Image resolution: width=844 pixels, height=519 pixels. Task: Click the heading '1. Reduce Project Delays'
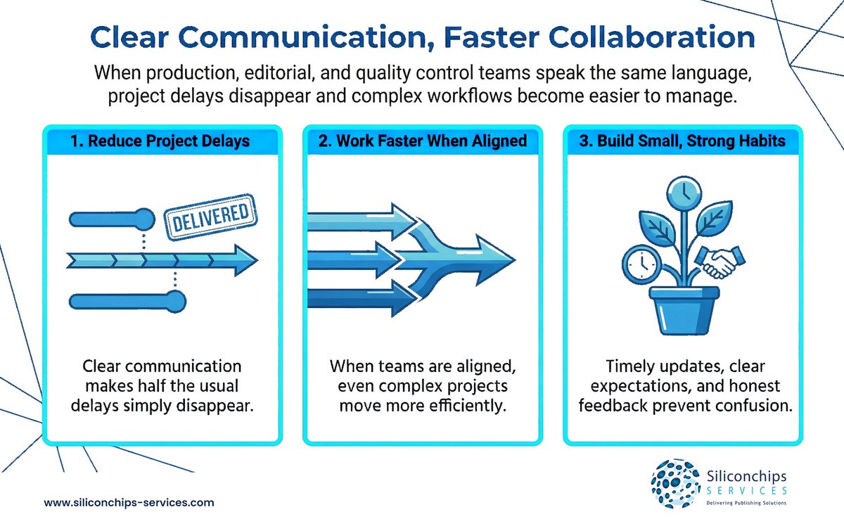click(x=162, y=141)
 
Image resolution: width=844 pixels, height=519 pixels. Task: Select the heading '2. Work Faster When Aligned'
click(x=422, y=141)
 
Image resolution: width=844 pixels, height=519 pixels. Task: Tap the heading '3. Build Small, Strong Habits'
click(x=682, y=141)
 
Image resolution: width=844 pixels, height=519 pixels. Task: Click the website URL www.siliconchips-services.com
click(x=129, y=503)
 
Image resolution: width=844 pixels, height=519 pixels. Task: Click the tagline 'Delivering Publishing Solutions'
click(x=746, y=503)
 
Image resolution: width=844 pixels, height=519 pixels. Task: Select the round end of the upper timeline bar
click(x=144, y=217)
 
